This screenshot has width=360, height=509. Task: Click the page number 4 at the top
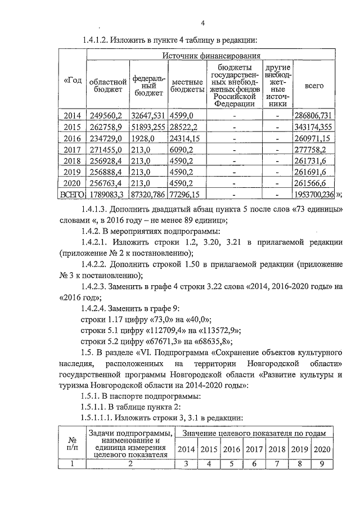[x=203, y=22]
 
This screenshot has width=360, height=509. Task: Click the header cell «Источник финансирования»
[x=211, y=56]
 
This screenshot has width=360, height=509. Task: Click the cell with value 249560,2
[x=107, y=115]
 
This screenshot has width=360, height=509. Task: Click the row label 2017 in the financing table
[x=72, y=150]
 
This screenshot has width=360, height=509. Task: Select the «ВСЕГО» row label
[x=72, y=195]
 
